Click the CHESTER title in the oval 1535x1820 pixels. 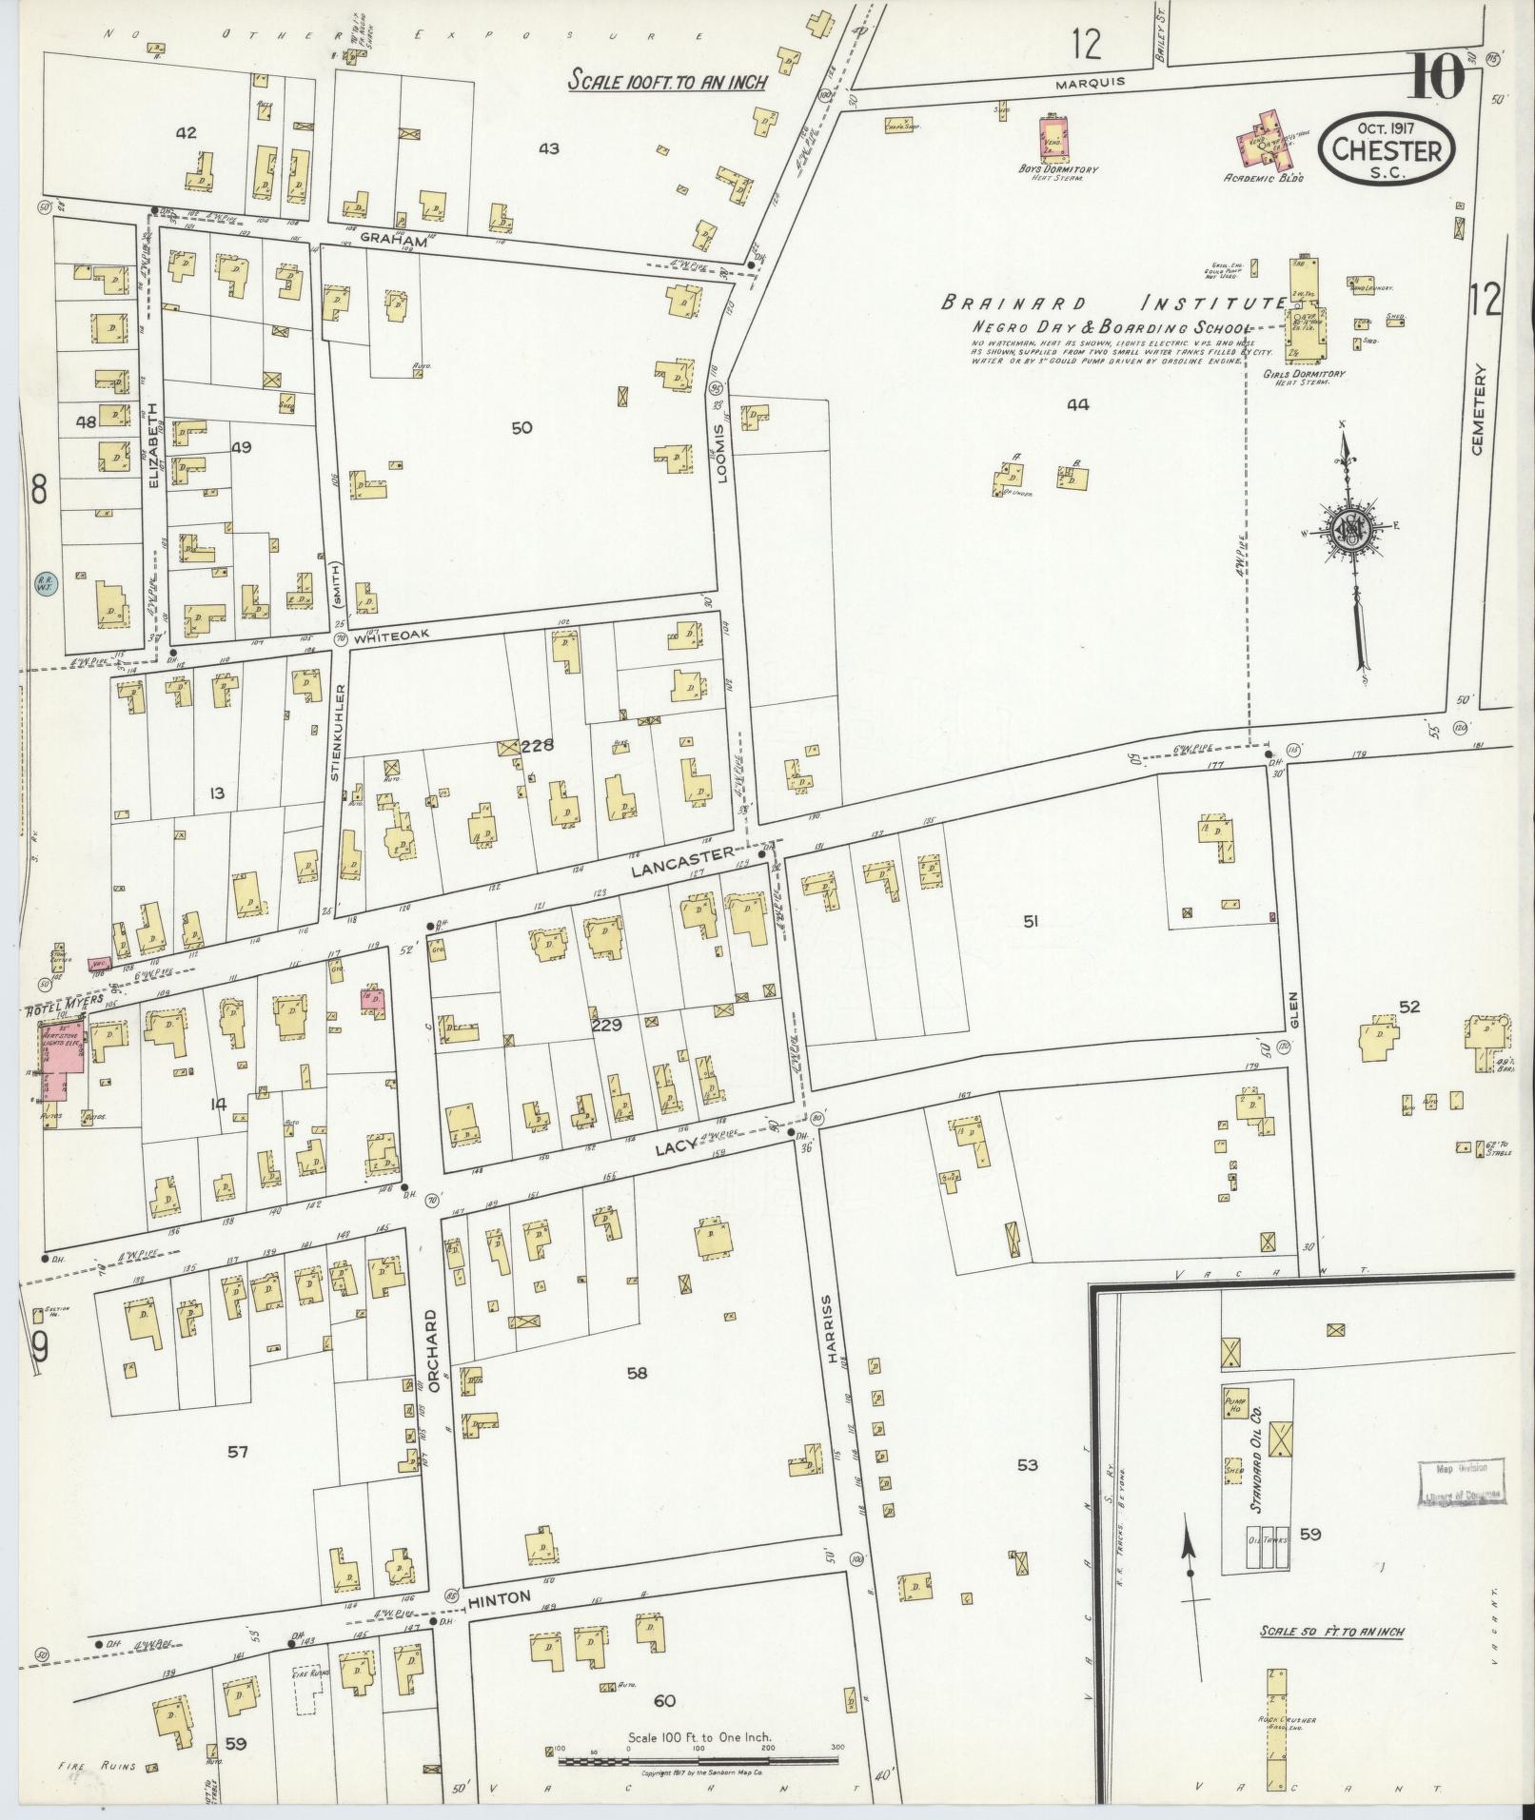click(x=1392, y=149)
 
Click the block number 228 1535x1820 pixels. click(x=537, y=746)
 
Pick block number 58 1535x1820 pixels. click(x=637, y=1372)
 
